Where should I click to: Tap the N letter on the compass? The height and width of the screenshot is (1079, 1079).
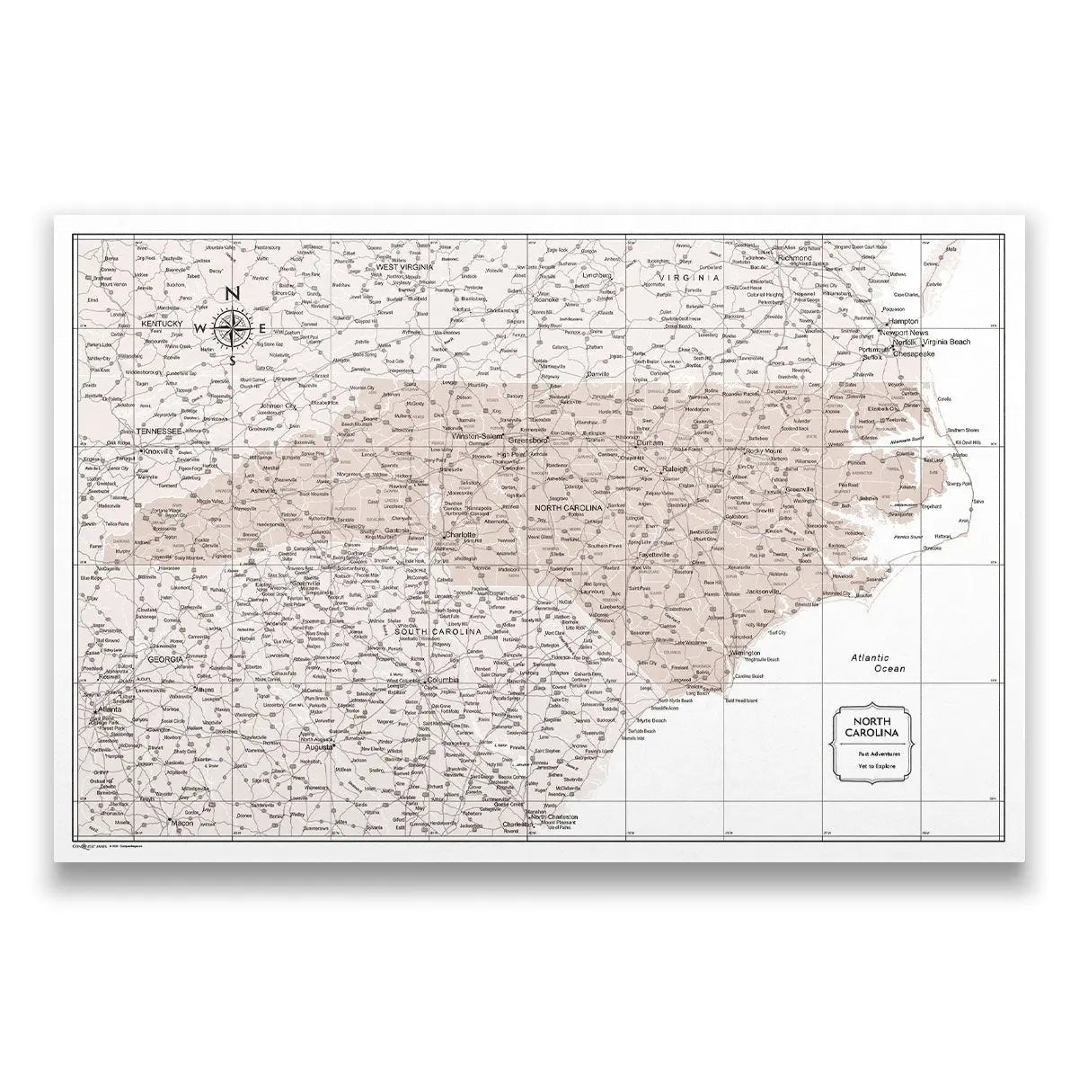tap(231, 293)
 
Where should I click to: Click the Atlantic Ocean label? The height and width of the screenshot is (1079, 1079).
tap(878, 664)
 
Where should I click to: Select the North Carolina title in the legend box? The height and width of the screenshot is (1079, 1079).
tap(870, 728)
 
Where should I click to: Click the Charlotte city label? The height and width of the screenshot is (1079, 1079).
tap(459, 534)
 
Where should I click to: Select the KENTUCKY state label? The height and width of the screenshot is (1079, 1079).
tap(162, 322)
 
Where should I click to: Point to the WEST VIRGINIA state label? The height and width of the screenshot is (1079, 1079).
tap(405, 267)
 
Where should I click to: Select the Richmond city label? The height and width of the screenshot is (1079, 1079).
tap(796, 258)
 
